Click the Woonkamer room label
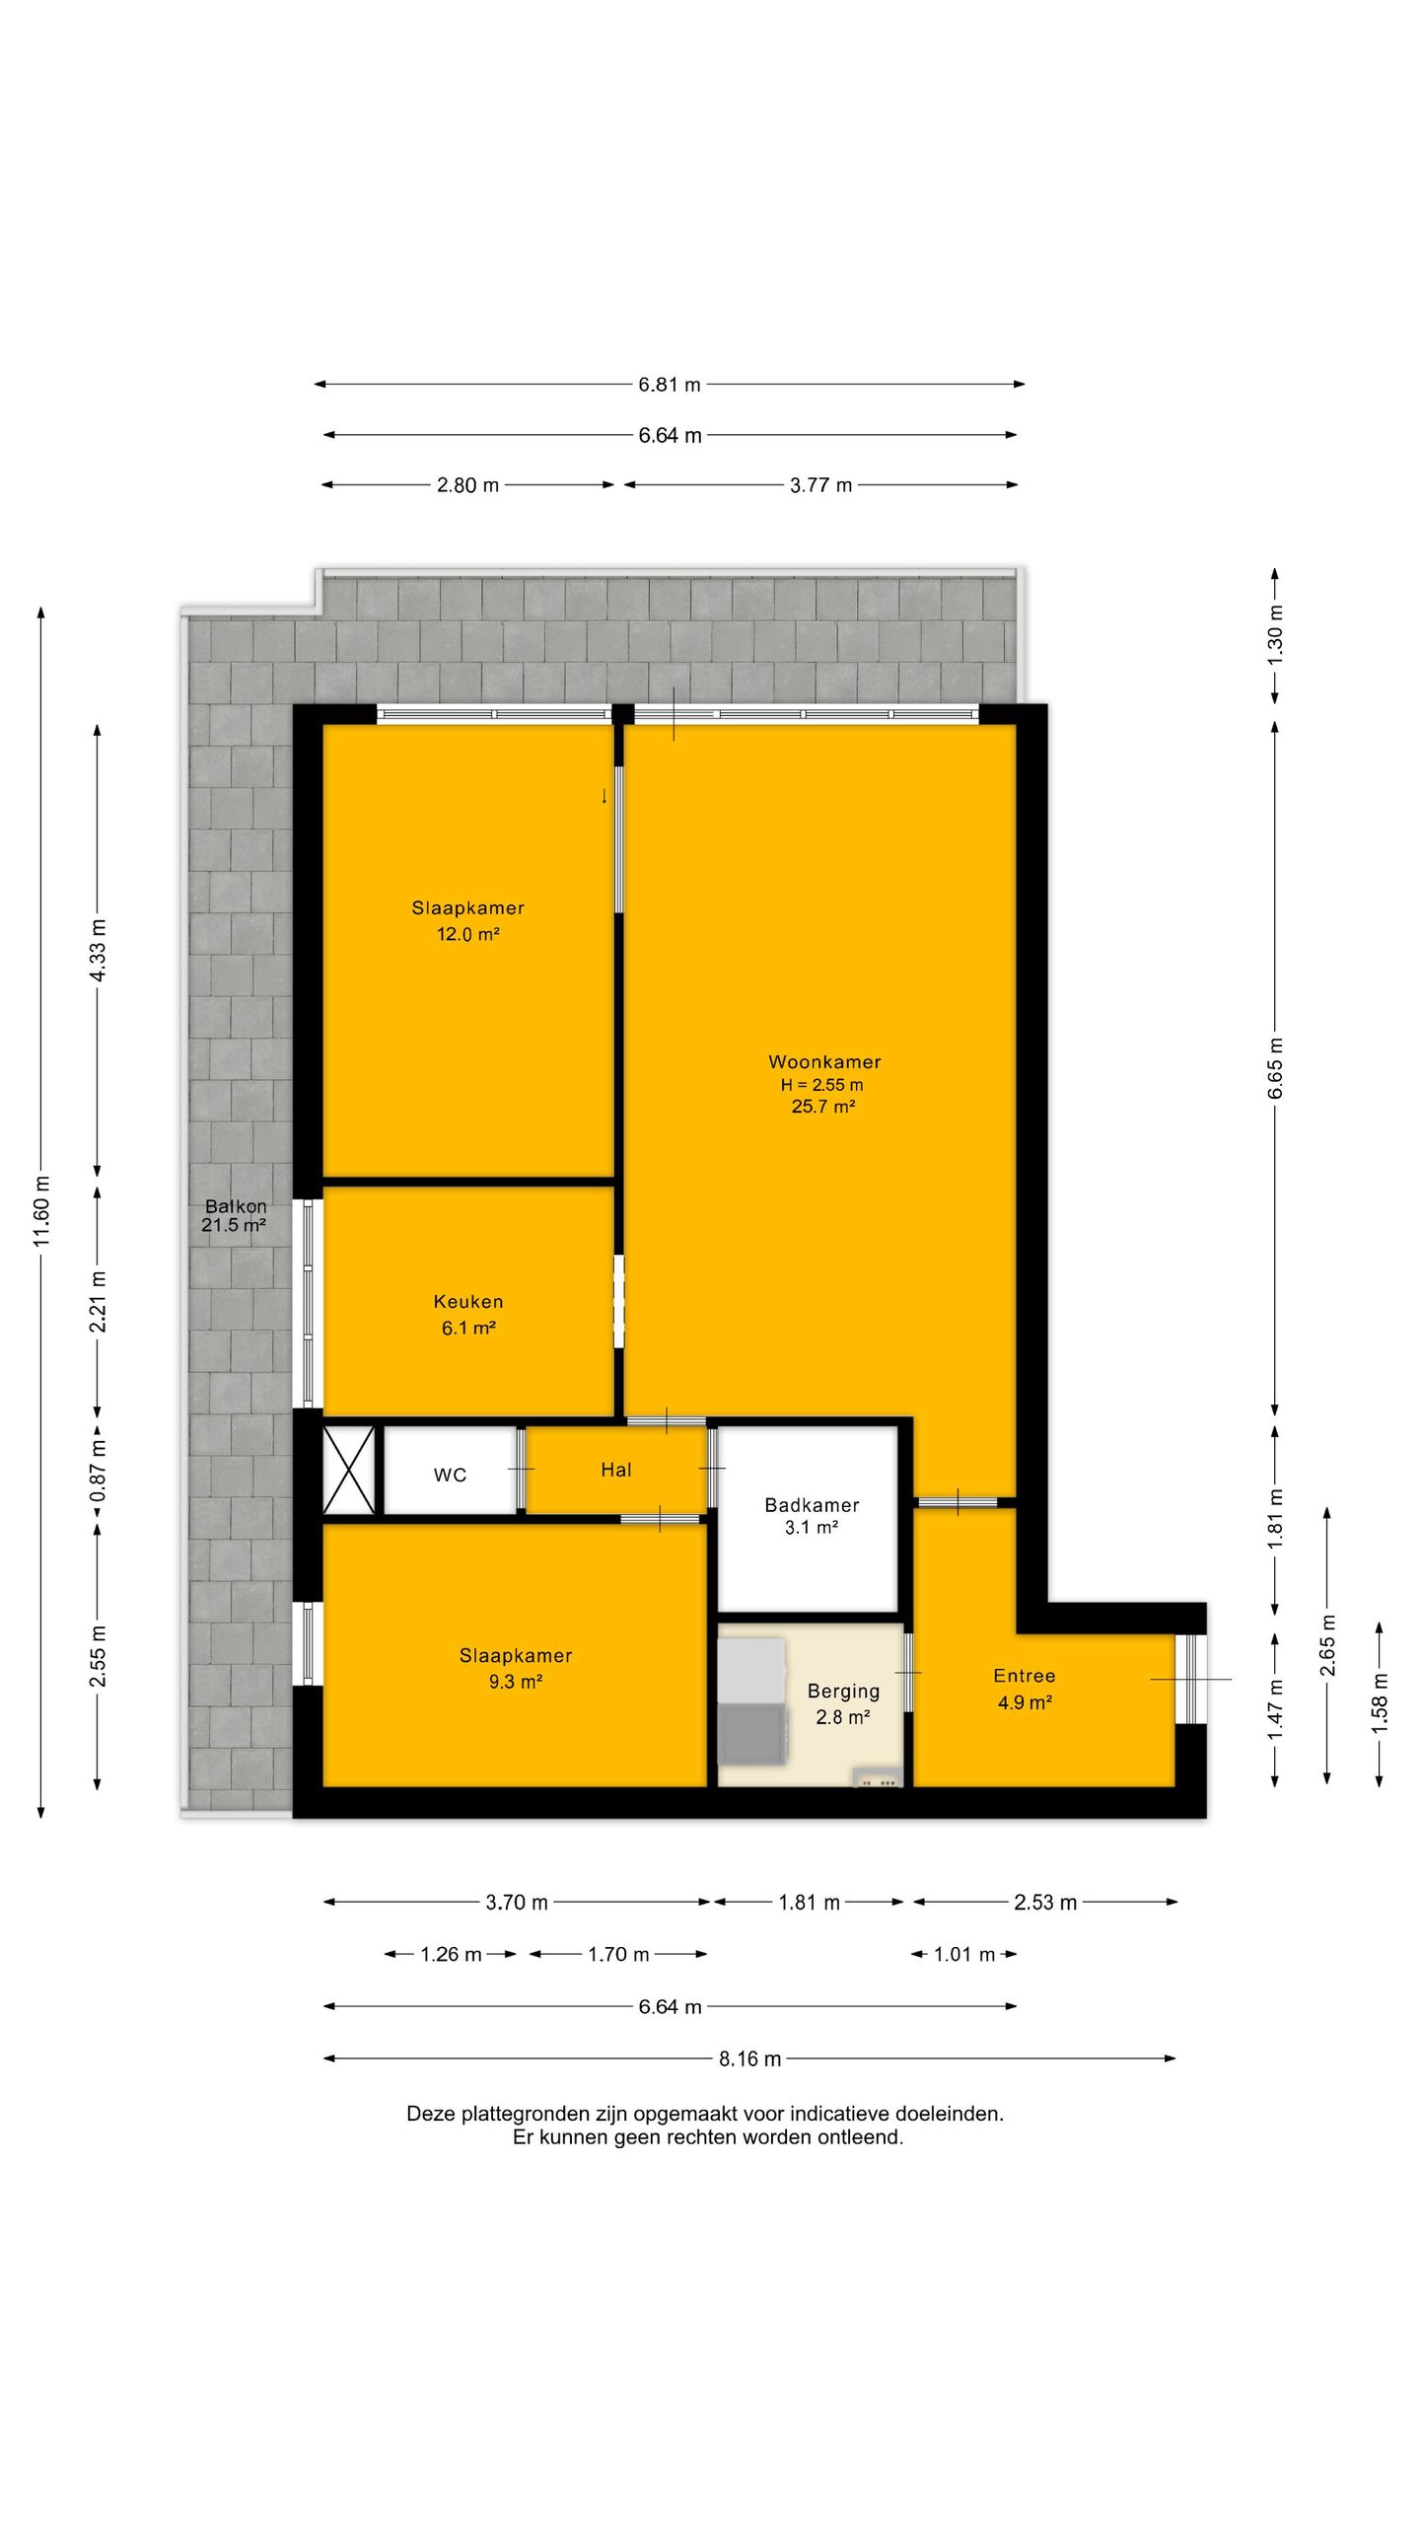coord(824,1062)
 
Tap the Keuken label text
coord(468,1302)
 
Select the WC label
coord(450,1476)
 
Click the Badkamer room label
coord(812,1505)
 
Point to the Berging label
coord(843,1692)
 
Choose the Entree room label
coord(1025,1676)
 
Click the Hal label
coord(616,1470)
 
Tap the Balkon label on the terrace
coord(236,1206)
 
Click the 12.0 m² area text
coord(468,934)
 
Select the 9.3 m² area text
coord(516,1682)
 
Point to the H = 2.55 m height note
coord(822,1085)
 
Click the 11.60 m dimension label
coord(41,1210)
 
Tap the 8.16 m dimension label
coord(750,2058)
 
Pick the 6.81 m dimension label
coord(670,385)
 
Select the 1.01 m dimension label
coord(964,1954)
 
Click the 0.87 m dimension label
coord(98,1471)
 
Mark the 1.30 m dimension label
coord(1275,633)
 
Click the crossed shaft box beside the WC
coord(349,1470)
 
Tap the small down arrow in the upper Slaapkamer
coord(604,796)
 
